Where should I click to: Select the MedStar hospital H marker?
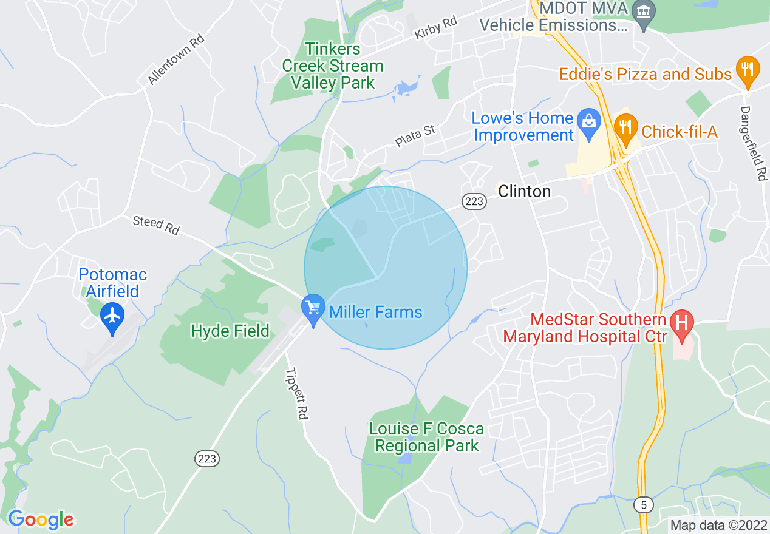(x=681, y=321)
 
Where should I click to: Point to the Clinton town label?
(x=524, y=192)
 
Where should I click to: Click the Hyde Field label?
(x=230, y=331)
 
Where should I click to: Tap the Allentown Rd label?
(x=175, y=59)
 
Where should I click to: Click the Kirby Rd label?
(x=435, y=28)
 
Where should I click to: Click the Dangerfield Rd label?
(x=754, y=144)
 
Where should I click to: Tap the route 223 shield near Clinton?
(x=474, y=201)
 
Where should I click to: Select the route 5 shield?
(x=643, y=504)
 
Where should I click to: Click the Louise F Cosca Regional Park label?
(x=426, y=438)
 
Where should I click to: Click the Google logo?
(x=41, y=519)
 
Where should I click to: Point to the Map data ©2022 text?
(x=717, y=525)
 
